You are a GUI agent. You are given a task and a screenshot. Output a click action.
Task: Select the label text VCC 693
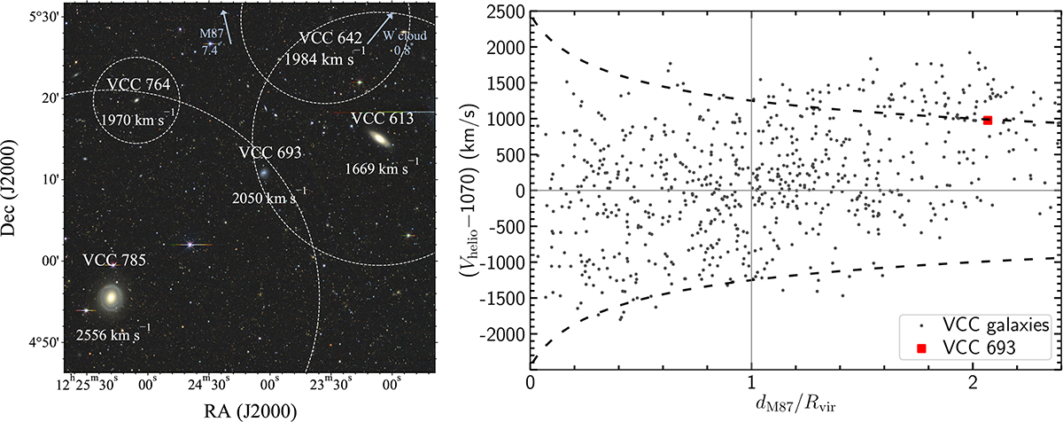point(271,152)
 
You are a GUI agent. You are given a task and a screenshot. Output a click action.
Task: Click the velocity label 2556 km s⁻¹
point(113,335)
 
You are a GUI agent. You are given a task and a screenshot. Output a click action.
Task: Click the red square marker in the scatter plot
point(987,120)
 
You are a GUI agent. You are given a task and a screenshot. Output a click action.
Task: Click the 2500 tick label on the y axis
point(505,11)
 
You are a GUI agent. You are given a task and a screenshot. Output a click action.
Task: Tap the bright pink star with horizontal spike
point(189,245)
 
